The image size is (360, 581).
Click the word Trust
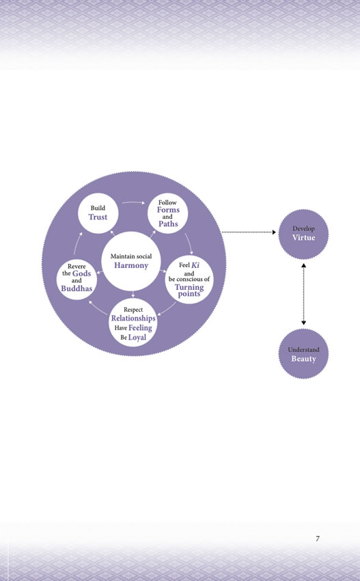pos(98,217)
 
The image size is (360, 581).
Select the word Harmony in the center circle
pos(131,265)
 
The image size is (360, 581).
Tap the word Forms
pos(168,210)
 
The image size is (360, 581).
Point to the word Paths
pos(168,224)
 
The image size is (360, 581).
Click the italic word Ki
pos(195,265)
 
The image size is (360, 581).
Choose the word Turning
pos(189,287)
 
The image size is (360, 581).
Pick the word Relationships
pos(133,319)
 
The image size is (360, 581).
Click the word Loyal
pos(137,337)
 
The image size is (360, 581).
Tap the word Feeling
pos(140,328)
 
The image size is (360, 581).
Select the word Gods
pos(81,273)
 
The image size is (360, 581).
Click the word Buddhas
pos(77,288)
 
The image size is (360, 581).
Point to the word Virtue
pos(303,237)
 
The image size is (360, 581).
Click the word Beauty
pos(303,359)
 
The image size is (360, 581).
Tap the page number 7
pos(318,539)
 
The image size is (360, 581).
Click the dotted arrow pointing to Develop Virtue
pos(249,232)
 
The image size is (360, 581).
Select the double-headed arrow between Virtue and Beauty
pos(304,294)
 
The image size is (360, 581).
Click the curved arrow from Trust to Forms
pos(134,203)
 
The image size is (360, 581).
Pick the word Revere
pos(77,267)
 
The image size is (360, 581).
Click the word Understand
pos(303,349)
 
